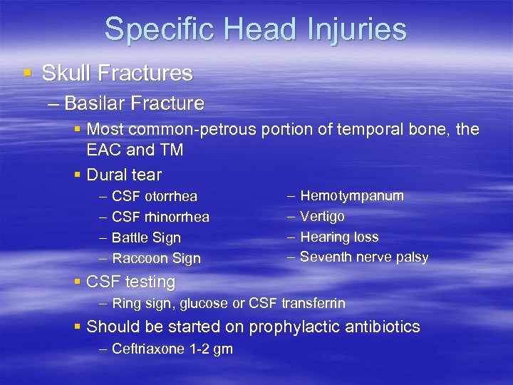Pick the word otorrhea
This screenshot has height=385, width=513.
point(171,196)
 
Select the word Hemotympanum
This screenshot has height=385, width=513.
point(351,195)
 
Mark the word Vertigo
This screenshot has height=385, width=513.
point(322,216)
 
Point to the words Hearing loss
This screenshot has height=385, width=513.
point(339,237)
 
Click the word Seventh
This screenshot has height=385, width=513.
point(325,257)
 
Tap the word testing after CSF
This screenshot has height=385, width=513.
point(150,282)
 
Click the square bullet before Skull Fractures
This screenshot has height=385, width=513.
point(27,73)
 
